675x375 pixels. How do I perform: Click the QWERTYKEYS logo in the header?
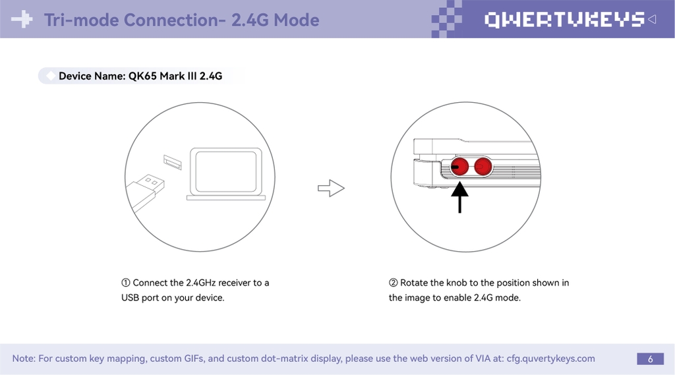pos(564,20)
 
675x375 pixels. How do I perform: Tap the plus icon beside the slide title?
pos(22,20)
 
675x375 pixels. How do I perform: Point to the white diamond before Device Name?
pos(51,76)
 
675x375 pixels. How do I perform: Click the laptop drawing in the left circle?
pos(225,173)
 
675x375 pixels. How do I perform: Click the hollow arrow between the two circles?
pos(332,188)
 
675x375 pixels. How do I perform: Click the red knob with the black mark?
pos(460,167)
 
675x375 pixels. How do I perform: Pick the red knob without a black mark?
pos(483,167)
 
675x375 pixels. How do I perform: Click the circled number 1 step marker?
pos(125,283)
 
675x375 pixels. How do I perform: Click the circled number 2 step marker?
pos(394,283)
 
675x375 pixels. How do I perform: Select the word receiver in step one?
pos(235,283)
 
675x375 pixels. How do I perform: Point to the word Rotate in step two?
pos(414,283)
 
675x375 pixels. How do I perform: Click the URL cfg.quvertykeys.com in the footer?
pos(550,359)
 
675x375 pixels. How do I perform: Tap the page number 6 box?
pos(650,359)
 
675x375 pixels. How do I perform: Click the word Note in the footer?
pos(22,359)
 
